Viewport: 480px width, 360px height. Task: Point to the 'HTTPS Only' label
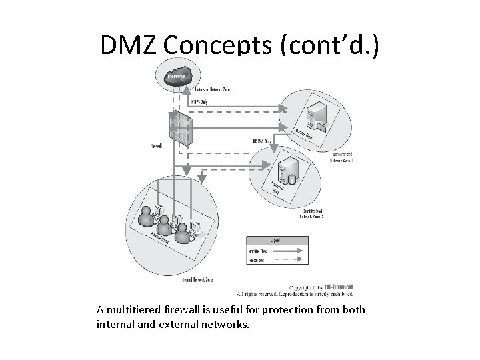tap(204, 103)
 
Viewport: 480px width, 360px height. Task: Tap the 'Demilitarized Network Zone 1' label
tap(347, 157)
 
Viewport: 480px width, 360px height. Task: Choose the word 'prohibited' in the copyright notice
tap(335, 294)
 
